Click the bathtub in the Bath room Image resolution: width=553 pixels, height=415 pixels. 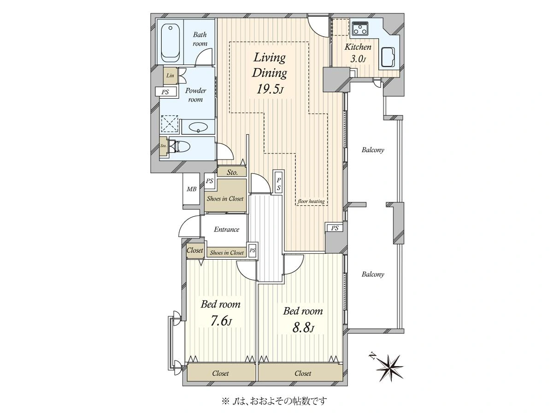pos(171,43)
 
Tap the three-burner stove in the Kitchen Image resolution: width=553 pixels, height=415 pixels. pos(360,28)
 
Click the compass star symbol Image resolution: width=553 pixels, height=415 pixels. pos(389,368)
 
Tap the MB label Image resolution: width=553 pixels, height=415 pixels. pos(191,189)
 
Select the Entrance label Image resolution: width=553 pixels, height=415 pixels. pos(226,229)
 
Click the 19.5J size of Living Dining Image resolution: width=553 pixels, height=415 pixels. pos(270,89)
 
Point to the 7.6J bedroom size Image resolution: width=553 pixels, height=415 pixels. pos(221,321)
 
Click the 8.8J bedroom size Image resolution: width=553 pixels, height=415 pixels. pos(303,328)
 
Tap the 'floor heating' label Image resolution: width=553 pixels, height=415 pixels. pos(311,202)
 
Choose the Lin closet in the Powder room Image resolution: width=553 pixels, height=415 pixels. pos(171,75)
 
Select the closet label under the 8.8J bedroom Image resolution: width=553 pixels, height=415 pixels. pos(303,373)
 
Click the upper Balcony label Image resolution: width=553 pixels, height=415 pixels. pos(373,150)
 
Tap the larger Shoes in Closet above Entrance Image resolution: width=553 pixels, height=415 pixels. pos(225,198)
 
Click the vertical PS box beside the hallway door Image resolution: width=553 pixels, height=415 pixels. pos(279,184)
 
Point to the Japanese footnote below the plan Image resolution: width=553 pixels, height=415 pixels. pos(274,401)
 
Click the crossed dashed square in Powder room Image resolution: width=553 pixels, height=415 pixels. pos(170,124)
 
